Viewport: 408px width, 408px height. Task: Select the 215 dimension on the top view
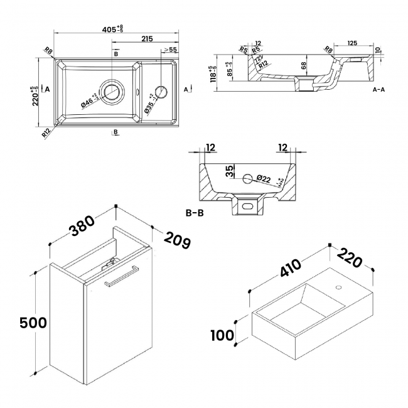point(147,39)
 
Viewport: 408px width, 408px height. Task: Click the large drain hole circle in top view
point(113,91)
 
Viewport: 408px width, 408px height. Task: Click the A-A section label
point(378,90)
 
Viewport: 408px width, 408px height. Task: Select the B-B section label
point(195,213)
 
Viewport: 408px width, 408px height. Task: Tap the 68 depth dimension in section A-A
point(304,65)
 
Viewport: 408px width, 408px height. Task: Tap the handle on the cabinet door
point(121,276)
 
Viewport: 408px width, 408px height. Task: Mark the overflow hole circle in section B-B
point(247,178)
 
